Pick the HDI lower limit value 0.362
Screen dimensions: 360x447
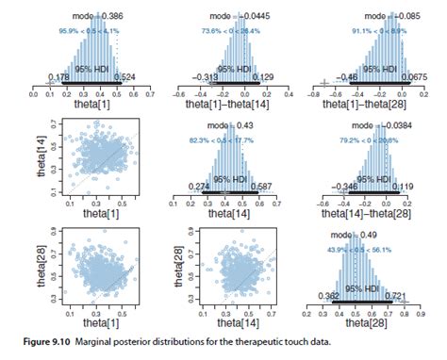(x=328, y=295)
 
